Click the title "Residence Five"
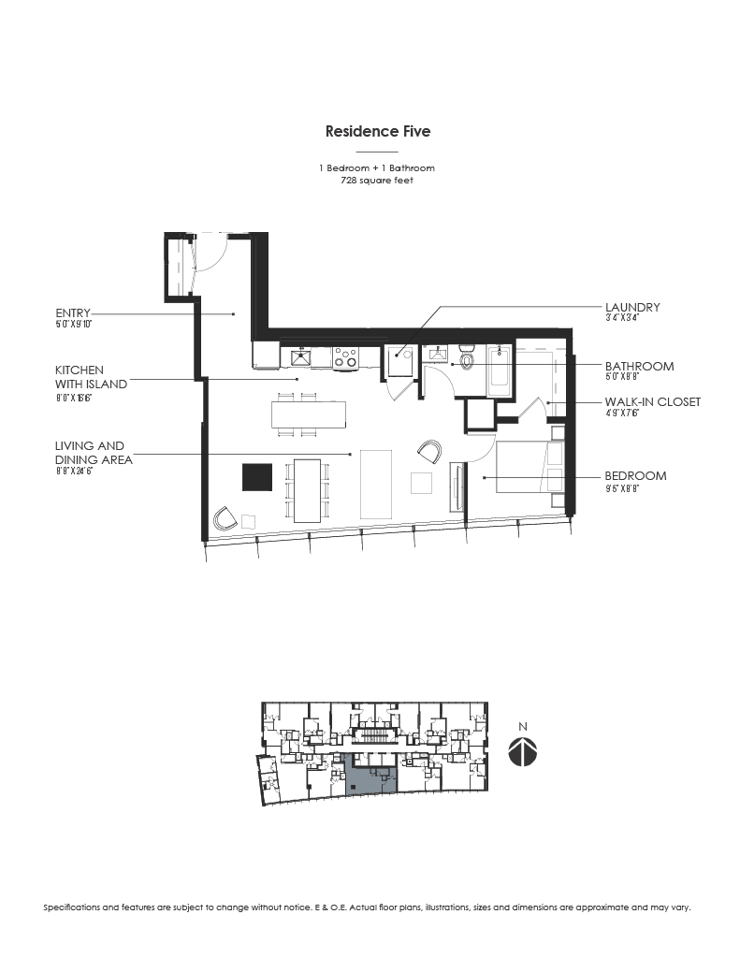coord(378,132)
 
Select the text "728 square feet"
coord(378,181)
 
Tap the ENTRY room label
coord(73,313)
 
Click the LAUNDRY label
coord(632,307)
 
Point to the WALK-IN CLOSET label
coord(652,402)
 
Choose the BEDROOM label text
coord(635,475)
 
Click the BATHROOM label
coord(639,366)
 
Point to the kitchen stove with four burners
coord(346,357)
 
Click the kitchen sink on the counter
coord(301,356)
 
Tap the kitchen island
coord(309,414)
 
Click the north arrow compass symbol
coord(524,751)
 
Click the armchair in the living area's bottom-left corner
coord(225,518)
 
